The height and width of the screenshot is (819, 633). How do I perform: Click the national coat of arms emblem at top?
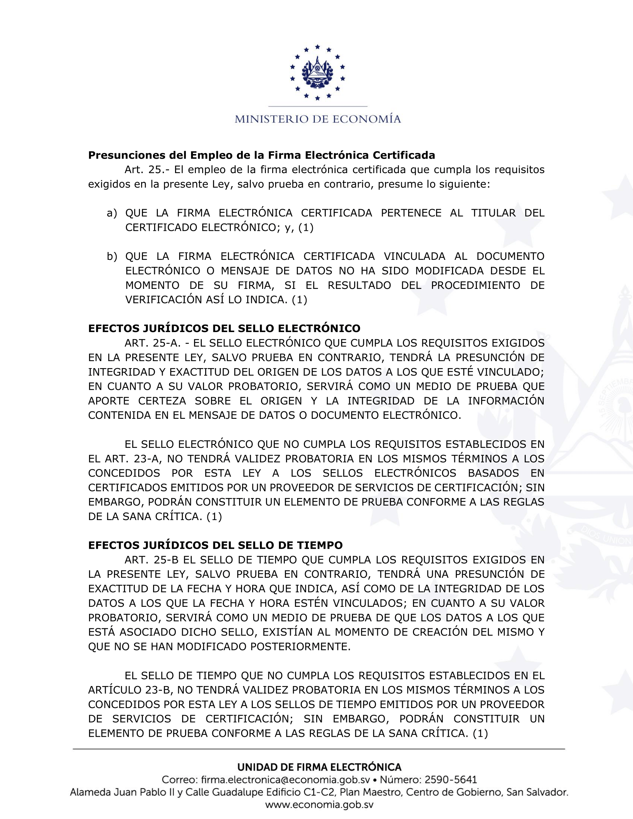click(317, 72)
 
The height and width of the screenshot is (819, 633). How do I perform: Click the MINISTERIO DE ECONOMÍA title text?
click(318, 119)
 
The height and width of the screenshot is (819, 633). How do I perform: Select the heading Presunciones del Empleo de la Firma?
click(261, 155)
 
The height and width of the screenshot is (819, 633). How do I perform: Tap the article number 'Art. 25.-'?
click(147, 170)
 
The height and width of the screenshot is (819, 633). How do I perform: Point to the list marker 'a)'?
click(112, 213)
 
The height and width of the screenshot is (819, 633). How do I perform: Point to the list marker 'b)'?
click(112, 256)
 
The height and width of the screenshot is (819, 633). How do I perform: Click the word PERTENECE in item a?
click(411, 213)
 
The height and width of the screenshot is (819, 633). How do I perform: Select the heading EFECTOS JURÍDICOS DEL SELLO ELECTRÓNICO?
click(224, 328)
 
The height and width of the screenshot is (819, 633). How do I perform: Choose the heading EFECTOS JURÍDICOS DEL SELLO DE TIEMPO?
click(215, 545)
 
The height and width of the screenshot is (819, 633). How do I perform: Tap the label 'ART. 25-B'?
click(152, 560)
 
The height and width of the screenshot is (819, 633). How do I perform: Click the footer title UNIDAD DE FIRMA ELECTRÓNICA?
click(319, 767)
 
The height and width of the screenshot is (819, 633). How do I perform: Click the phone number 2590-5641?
click(451, 780)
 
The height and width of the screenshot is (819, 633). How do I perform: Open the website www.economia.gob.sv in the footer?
click(319, 805)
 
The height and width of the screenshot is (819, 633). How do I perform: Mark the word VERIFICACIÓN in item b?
click(162, 300)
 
